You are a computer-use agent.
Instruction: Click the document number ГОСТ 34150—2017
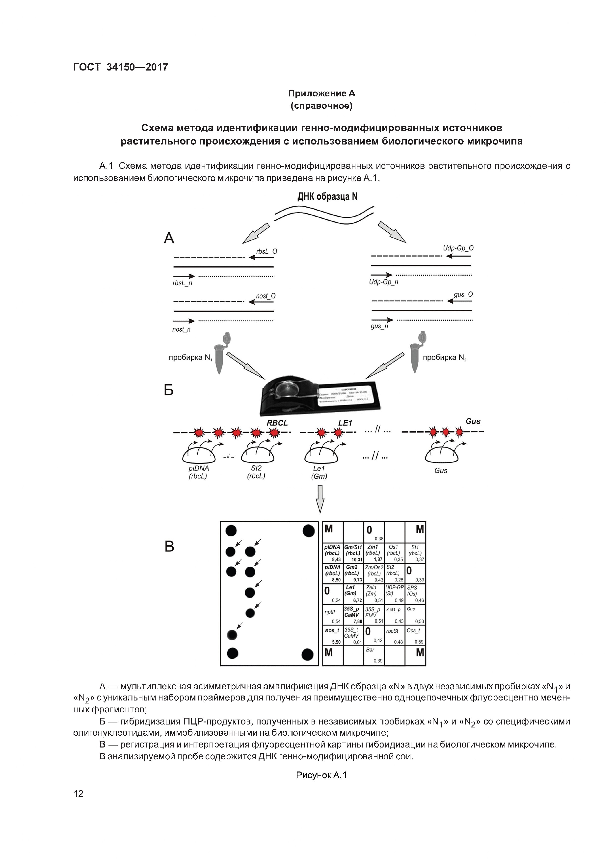(120, 67)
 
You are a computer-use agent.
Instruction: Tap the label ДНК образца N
(327, 196)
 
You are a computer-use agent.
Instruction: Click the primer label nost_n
(181, 329)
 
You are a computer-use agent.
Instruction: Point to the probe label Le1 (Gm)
(319, 472)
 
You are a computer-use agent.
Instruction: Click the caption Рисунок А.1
(321, 775)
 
